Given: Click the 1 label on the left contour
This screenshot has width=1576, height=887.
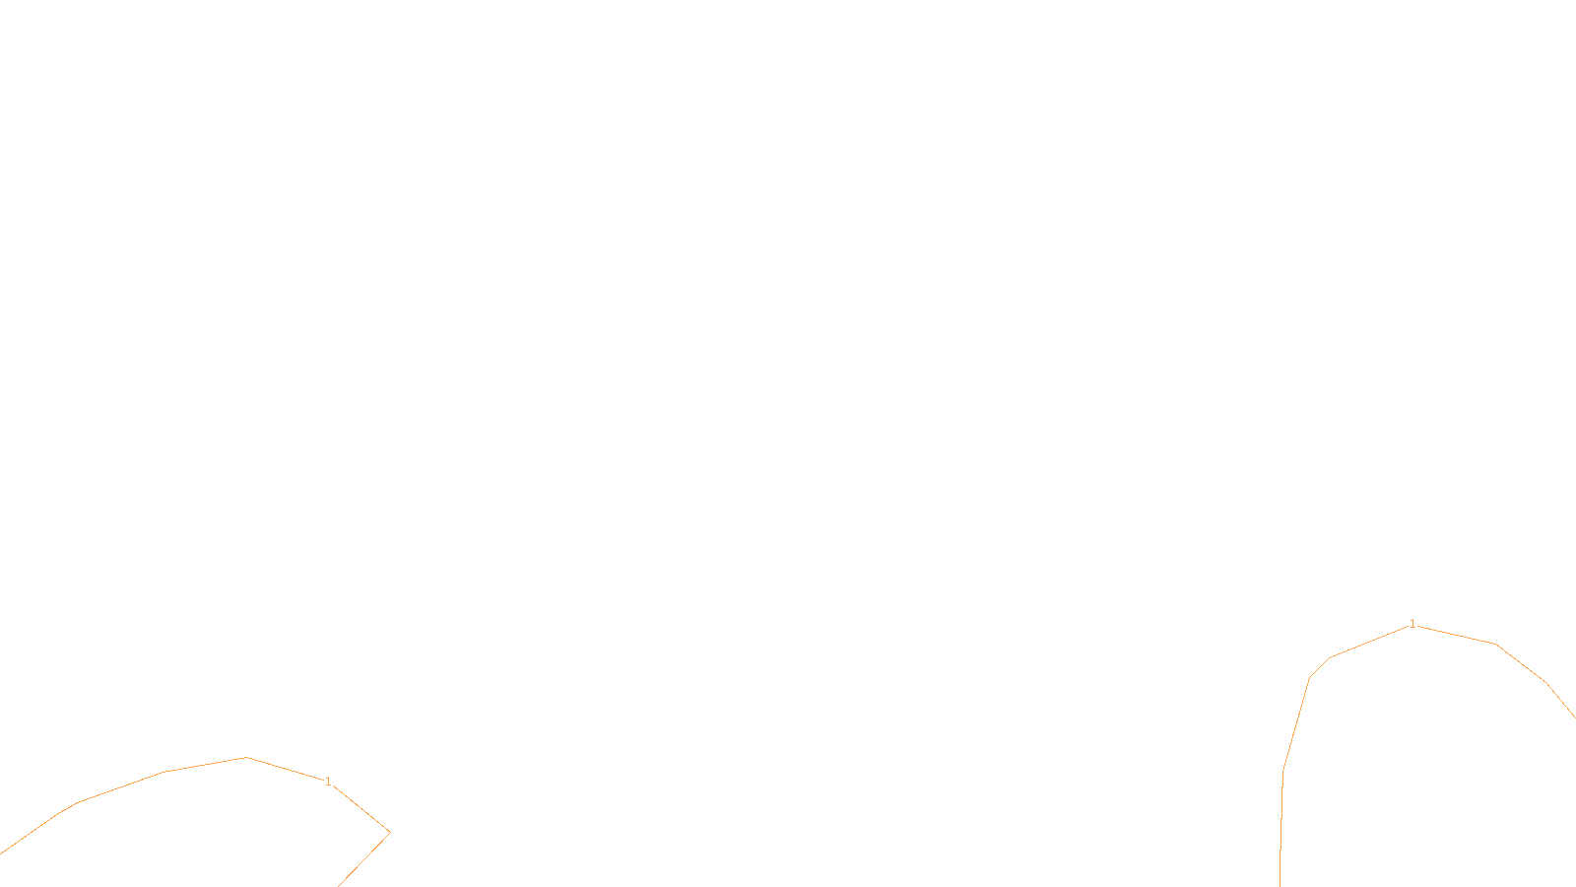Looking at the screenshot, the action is click(328, 782).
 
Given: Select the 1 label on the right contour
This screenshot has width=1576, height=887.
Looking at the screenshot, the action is click(1412, 624).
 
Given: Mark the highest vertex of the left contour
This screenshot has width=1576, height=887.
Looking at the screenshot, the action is click(247, 757).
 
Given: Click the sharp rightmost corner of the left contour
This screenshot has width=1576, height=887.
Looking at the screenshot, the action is click(389, 832).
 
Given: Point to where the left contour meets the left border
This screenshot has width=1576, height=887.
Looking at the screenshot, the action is click(1, 853).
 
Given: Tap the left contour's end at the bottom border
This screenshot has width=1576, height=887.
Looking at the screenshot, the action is click(339, 885).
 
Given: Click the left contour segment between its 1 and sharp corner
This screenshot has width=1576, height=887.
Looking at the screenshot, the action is click(361, 808).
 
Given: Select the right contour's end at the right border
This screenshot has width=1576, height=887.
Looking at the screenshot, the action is click(1574, 717).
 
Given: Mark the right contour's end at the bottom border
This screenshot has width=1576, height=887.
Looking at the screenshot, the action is click(1280, 885).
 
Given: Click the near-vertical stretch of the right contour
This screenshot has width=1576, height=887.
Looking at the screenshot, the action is click(1281, 828).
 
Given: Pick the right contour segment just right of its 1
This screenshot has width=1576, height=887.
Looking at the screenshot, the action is click(1456, 635).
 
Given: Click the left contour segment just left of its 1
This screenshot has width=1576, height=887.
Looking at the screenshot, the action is click(286, 769).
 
